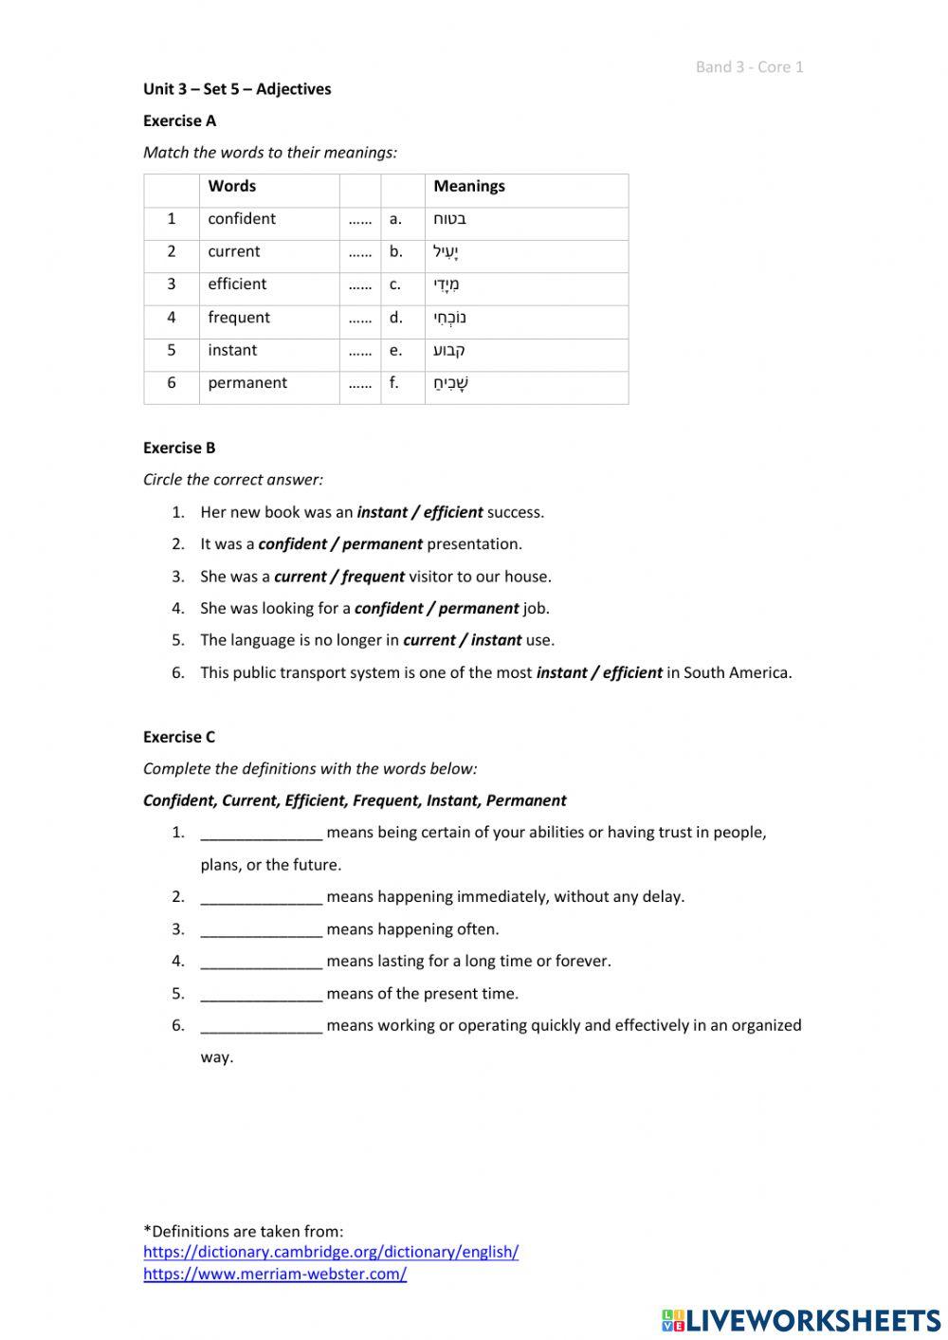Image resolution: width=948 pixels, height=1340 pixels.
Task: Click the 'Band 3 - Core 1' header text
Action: click(x=749, y=66)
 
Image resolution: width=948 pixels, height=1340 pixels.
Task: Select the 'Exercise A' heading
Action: click(x=179, y=120)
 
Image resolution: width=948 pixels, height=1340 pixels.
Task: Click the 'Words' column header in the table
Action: click(x=231, y=186)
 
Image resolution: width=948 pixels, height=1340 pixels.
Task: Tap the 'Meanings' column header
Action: click(x=468, y=186)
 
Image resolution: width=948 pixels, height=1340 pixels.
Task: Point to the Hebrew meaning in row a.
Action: click(x=449, y=219)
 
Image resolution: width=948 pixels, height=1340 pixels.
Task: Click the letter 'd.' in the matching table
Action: click(x=395, y=318)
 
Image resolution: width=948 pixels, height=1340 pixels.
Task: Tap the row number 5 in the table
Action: click(x=172, y=350)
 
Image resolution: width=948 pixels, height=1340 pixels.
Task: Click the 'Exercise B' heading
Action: click(x=179, y=448)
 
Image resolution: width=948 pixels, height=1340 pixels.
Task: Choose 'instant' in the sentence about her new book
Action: click(x=382, y=512)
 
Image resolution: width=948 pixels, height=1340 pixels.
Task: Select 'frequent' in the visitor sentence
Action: click(x=373, y=577)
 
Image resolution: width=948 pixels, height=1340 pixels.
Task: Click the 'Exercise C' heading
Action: click(x=179, y=737)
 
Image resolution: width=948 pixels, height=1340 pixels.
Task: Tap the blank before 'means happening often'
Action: click(x=261, y=929)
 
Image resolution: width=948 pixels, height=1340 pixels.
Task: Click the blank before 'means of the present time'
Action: click(x=261, y=994)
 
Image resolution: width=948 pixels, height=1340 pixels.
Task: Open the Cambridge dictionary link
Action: click(x=331, y=1252)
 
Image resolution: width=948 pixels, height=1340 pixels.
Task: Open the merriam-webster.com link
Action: click(x=275, y=1274)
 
